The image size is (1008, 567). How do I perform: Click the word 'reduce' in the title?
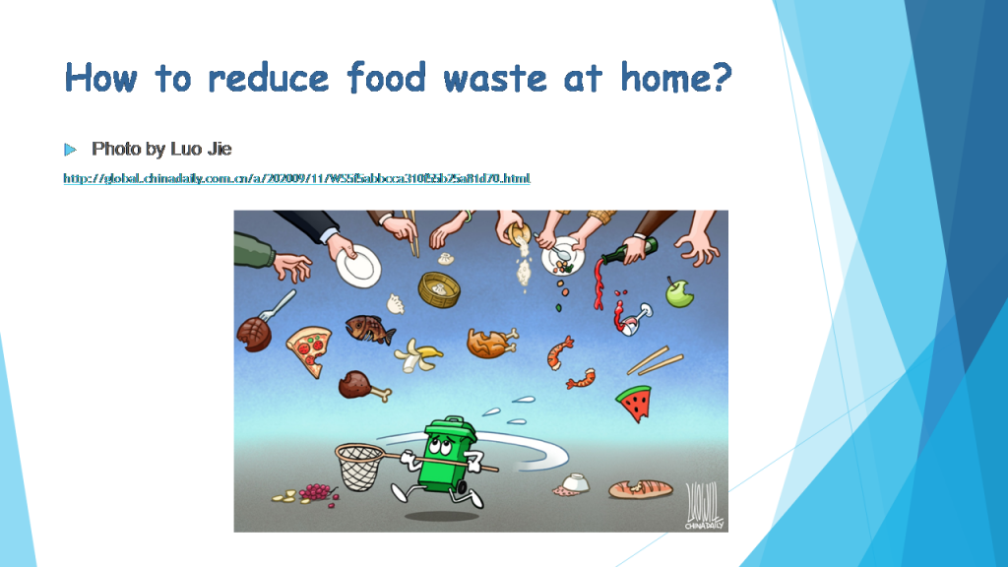click(x=264, y=77)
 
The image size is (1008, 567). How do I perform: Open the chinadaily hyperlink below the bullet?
click(x=296, y=178)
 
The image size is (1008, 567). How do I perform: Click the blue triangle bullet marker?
click(x=70, y=150)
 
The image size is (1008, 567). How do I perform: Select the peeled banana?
click(x=419, y=355)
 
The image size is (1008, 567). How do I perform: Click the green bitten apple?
click(x=678, y=290)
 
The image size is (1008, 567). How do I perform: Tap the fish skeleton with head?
click(x=368, y=329)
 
